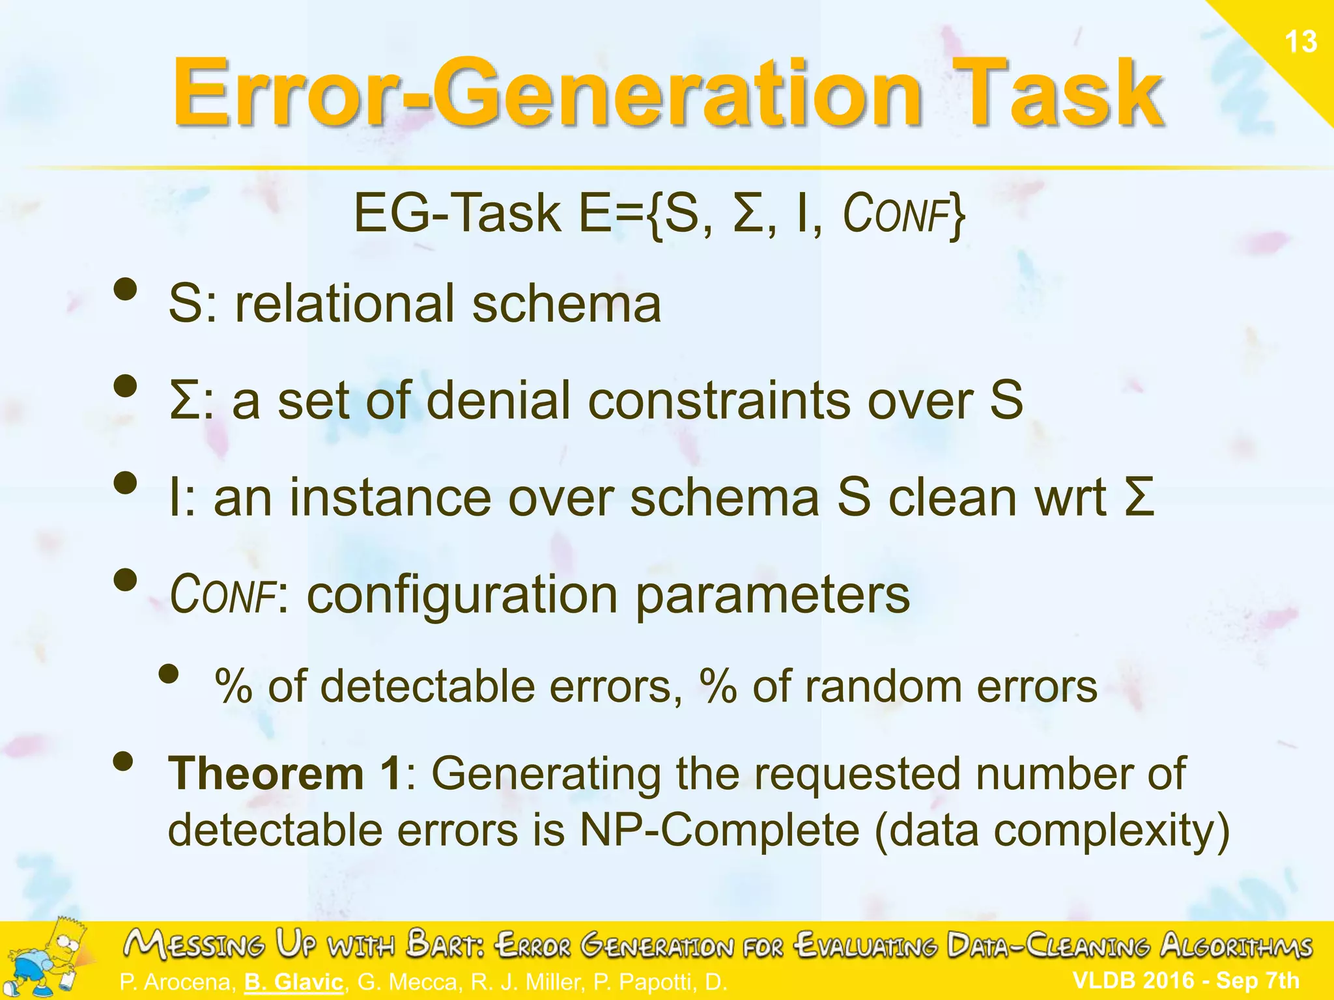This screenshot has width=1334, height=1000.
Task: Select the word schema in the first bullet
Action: (x=566, y=305)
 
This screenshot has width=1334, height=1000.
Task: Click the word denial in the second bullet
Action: (x=498, y=400)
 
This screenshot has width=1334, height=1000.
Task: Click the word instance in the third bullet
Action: (x=390, y=498)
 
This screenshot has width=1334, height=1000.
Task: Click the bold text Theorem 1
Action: (x=285, y=773)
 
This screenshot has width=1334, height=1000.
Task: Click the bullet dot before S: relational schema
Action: (x=126, y=290)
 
